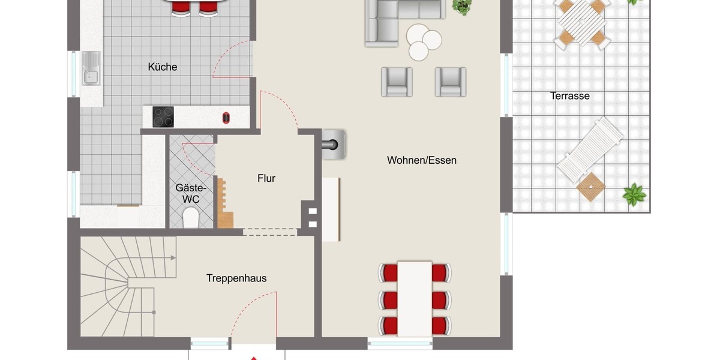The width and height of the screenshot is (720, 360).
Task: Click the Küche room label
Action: [x=163, y=67]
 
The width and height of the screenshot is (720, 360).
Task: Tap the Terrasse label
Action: [x=569, y=96]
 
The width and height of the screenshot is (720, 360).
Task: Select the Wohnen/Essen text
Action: [x=421, y=160]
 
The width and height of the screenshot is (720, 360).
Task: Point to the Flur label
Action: [x=266, y=178]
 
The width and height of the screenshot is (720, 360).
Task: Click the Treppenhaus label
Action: [x=236, y=278]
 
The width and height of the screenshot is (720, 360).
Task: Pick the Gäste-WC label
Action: [x=187, y=193]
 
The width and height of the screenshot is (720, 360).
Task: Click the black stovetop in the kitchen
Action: [x=163, y=116]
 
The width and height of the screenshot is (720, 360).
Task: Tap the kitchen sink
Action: [x=91, y=68]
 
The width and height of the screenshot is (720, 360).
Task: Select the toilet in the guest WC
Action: [x=191, y=217]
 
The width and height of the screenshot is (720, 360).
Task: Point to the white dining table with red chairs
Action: [x=415, y=298]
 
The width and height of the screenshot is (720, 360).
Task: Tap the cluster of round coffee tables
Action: [x=424, y=41]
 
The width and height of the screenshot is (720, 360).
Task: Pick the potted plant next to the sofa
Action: [x=462, y=7]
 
